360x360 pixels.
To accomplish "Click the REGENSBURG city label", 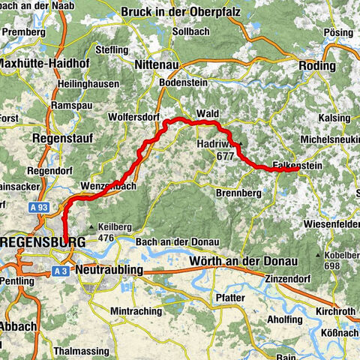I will point(44,244).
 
